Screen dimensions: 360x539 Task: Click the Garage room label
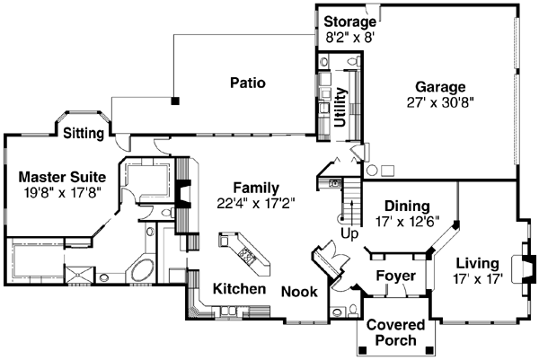pos(439,87)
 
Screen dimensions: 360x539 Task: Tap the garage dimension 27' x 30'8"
pos(439,102)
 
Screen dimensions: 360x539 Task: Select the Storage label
pos(349,22)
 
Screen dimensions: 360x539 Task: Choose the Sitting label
pos(85,133)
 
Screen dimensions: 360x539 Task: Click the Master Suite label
pos(63,176)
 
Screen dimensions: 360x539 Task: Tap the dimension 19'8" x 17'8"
pos(63,191)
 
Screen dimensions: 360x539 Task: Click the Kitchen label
pos(239,289)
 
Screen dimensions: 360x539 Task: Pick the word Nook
pos(298,291)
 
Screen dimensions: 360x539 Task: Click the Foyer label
pos(393,275)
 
